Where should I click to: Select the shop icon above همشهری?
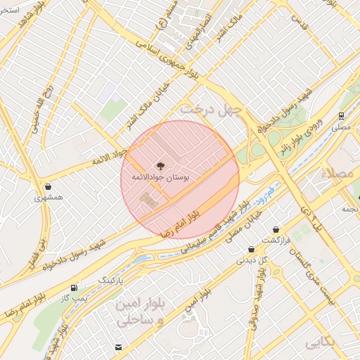click(48, 187)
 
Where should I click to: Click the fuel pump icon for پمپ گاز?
click(75, 288)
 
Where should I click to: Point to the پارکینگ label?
click(110, 280)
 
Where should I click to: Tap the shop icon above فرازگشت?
click(276, 229)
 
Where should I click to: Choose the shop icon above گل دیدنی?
click(251, 249)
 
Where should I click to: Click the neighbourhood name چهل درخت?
click(211, 110)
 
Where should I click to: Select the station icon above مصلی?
click(341, 116)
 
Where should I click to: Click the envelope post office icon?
click(117, 347)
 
